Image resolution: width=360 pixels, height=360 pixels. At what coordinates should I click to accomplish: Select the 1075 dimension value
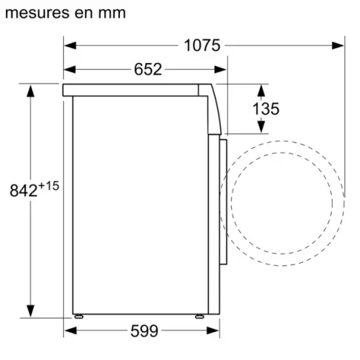(202, 46)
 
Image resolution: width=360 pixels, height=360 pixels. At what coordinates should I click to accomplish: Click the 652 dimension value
(148, 70)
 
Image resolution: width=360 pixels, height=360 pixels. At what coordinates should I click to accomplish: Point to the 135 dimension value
(265, 109)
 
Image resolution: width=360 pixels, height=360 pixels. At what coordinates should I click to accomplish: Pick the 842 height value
(23, 190)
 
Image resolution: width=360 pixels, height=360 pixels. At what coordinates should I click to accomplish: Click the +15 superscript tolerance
(48, 184)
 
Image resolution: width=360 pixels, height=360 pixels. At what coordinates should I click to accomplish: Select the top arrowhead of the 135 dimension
(260, 90)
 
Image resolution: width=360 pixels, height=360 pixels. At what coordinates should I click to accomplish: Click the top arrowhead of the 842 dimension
(31, 90)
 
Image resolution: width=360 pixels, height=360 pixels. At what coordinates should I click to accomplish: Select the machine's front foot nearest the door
(200, 314)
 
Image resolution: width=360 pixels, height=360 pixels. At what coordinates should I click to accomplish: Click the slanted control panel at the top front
(215, 107)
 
